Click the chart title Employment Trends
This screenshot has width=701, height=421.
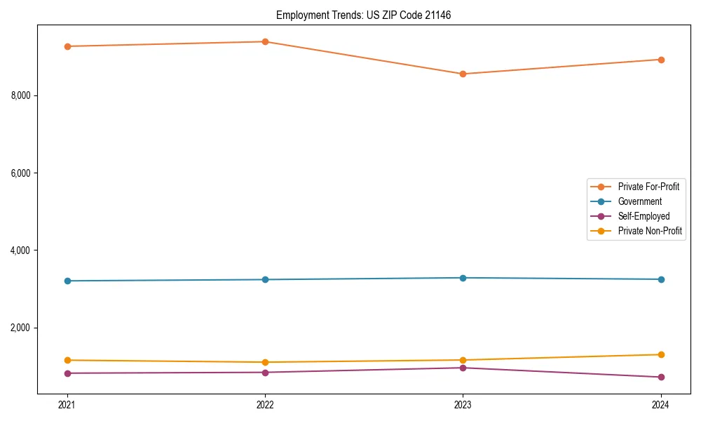363,15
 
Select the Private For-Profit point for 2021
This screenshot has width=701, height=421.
67,46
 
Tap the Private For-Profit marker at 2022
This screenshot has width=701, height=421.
265,41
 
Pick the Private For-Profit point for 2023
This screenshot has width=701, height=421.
463,74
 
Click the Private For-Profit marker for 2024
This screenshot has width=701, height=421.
660,60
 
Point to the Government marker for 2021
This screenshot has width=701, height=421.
67,281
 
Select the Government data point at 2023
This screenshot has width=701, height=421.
463,278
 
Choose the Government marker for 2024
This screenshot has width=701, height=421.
660,279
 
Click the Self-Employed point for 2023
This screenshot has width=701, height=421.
463,368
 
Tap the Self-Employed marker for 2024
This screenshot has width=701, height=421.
660,377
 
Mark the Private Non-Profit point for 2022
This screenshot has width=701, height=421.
265,362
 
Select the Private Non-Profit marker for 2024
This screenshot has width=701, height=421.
660,354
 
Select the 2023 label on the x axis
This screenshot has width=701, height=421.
463,404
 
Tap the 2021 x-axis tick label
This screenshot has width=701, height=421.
67,404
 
